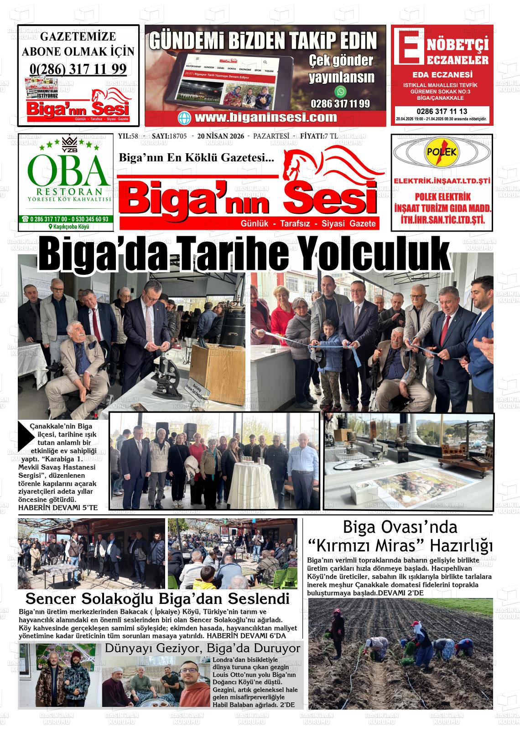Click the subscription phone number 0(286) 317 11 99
(x=78, y=69)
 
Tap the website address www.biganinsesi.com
(x=265, y=118)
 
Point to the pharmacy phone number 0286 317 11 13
(x=442, y=111)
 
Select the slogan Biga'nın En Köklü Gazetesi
(x=196, y=158)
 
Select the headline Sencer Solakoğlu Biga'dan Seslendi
(x=158, y=598)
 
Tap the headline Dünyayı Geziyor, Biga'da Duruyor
(x=203, y=648)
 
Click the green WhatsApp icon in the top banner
(x=340, y=91)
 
